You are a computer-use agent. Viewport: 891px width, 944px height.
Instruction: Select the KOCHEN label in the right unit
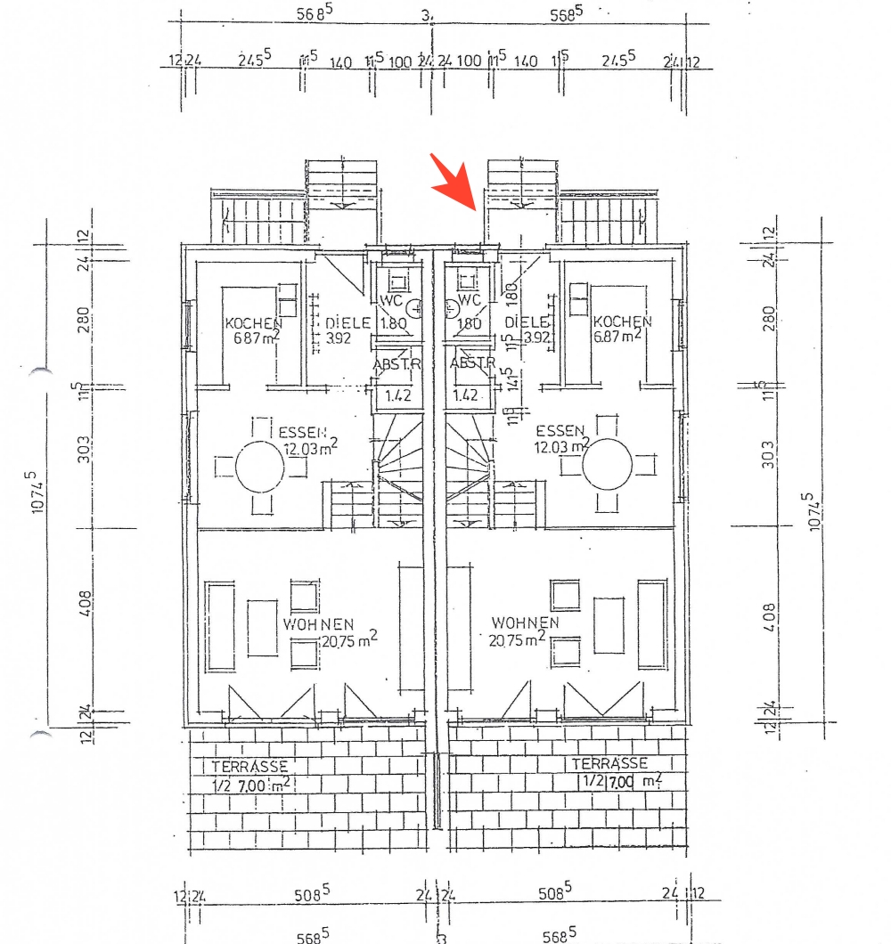(623, 321)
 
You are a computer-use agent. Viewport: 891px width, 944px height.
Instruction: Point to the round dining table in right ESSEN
(607, 465)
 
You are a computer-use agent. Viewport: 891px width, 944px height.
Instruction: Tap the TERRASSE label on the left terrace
(249, 766)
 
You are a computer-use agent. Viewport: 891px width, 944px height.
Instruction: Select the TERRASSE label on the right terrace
(609, 764)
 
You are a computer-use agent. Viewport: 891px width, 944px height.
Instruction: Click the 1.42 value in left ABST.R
(396, 395)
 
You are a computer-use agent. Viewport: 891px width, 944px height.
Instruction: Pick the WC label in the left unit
(393, 301)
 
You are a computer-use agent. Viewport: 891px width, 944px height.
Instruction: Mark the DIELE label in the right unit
(526, 322)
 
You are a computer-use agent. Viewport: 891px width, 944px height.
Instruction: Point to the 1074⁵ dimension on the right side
(812, 511)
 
